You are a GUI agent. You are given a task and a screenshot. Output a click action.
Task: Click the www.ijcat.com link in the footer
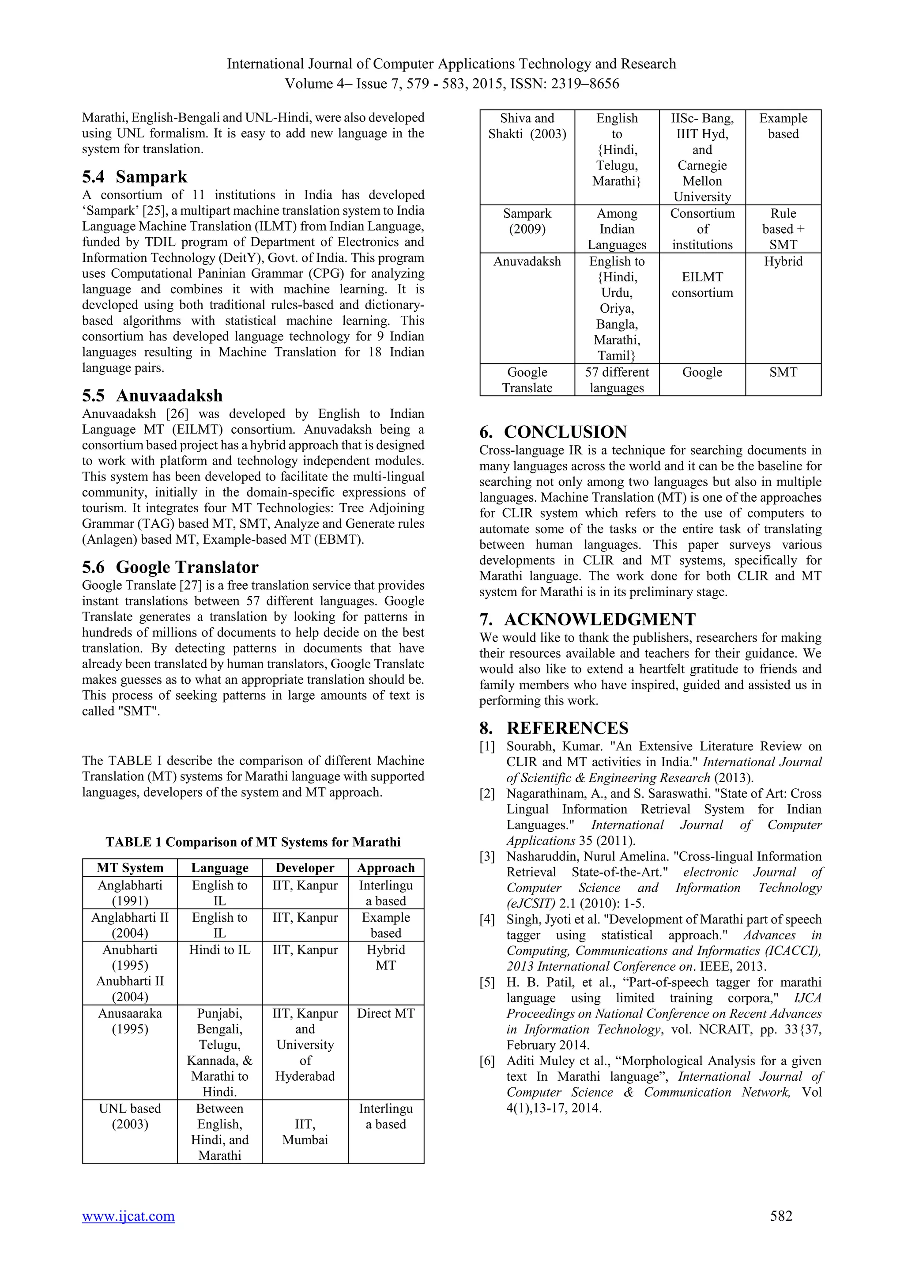click(128, 1216)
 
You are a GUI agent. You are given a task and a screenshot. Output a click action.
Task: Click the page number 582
click(781, 1215)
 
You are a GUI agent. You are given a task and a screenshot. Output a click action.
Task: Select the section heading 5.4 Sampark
click(135, 177)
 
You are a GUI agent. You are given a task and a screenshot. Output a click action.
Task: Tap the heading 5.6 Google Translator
click(170, 567)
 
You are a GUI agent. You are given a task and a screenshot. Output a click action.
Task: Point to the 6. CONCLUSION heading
click(554, 432)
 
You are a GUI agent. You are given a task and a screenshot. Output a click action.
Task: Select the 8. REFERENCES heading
click(554, 728)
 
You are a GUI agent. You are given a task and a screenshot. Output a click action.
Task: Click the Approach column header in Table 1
click(386, 868)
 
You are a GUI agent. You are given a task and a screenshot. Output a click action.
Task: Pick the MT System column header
click(130, 868)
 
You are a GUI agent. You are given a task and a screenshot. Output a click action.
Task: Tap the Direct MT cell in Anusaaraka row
click(386, 1013)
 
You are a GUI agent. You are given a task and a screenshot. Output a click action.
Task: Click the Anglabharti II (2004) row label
click(130, 925)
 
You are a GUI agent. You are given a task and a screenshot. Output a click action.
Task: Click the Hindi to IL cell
click(220, 950)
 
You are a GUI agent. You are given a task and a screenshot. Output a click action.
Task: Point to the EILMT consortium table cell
click(702, 285)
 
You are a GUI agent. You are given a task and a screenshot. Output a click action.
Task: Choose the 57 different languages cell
click(617, 380)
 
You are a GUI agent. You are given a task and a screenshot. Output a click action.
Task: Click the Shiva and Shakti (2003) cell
click(527, 126)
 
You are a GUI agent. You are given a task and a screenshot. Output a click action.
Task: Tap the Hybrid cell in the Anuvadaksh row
click(783, 261)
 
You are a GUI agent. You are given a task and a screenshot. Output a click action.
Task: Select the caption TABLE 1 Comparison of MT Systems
click(253, 842)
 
